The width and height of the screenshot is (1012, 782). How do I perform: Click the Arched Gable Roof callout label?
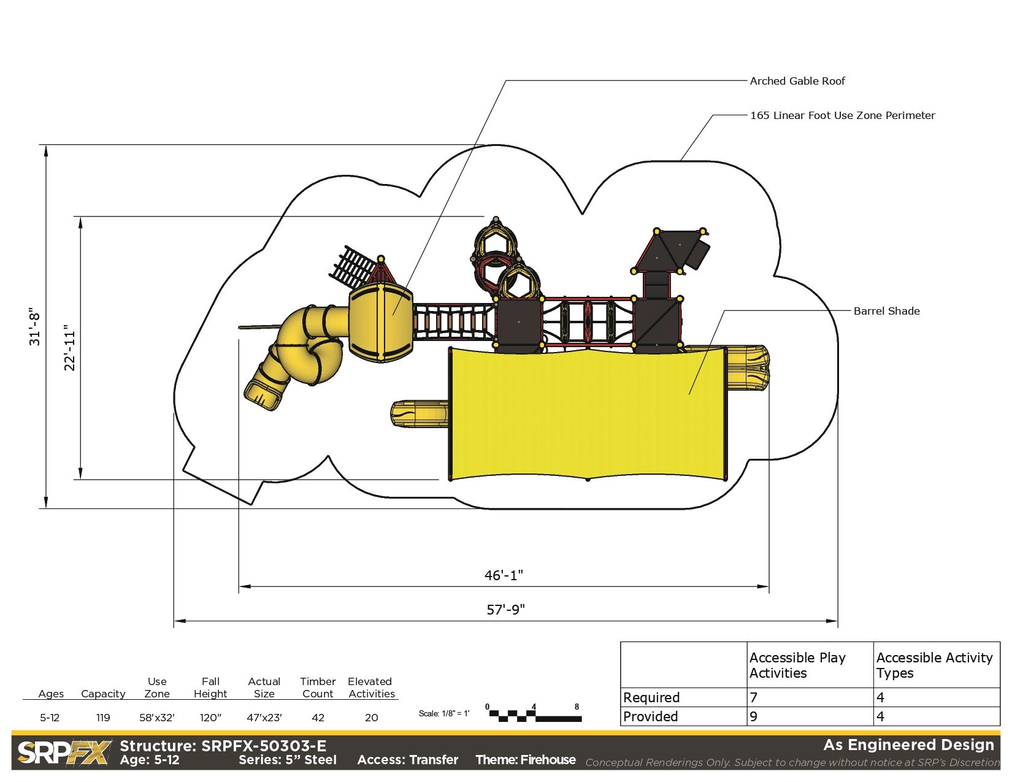(797, 81)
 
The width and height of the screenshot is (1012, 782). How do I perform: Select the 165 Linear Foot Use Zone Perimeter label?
(842, 115)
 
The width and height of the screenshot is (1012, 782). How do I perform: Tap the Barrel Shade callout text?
(886, 311)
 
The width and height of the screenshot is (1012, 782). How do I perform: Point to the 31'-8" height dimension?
(35, 327)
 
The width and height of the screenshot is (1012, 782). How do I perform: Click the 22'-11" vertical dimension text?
(70, 348)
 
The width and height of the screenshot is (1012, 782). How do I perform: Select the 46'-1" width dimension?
(504, 575)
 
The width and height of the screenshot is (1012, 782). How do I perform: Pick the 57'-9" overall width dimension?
(506, 610)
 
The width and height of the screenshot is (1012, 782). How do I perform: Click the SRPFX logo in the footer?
(64, 753)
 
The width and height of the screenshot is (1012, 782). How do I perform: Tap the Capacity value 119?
(103, 718)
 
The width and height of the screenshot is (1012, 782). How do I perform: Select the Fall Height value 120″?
(210, 718)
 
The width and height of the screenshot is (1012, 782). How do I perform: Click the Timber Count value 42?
(318, 718)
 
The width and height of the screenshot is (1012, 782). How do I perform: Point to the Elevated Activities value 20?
(372, 718)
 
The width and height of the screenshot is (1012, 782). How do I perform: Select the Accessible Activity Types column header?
(934, 665)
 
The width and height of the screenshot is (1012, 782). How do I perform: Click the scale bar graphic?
(534, 715)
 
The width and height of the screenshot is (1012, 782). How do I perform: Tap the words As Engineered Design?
(908, 745)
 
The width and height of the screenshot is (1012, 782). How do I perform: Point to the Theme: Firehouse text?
(526, 760)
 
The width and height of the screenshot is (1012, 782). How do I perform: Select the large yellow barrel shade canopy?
(588, 414)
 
